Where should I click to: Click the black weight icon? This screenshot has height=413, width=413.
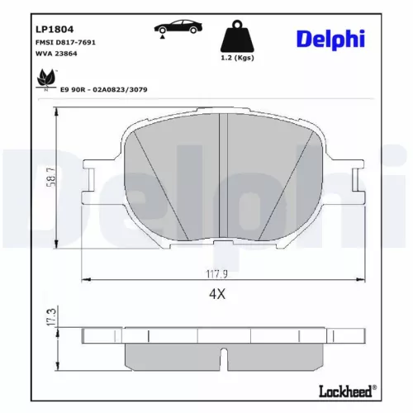click(235, 36)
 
